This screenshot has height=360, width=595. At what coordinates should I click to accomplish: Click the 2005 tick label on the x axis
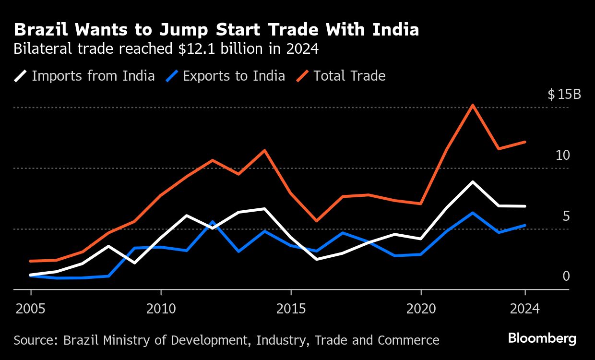31,308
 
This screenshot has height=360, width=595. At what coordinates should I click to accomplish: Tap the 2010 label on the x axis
161,308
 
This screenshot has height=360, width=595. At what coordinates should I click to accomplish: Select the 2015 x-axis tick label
291,308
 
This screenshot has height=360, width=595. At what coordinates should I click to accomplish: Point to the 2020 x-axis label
421,308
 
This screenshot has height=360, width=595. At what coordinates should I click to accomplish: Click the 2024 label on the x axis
525,308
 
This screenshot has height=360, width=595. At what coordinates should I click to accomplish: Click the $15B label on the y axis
564,94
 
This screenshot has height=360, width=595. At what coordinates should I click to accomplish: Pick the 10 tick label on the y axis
562,155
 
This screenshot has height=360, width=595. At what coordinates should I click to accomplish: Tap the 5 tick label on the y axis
566,216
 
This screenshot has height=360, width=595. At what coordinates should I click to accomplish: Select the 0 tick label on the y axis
566,276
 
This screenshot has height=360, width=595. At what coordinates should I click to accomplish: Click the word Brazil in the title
39,30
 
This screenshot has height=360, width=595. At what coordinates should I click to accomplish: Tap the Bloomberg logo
542,338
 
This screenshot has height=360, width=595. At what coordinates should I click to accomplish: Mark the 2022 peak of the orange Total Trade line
473,105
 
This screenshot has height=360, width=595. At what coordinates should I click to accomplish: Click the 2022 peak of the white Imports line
473,182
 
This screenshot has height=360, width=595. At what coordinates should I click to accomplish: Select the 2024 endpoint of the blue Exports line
525,225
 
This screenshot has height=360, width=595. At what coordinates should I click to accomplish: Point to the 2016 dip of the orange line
317,221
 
